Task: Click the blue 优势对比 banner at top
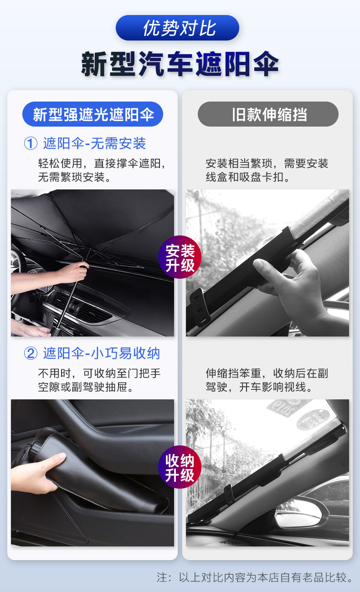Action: [x=177, y=28]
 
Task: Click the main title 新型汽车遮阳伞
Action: [x=180, y=64]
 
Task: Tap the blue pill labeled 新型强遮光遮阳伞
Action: [x=93, y=114]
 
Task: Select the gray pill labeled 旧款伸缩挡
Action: [x=268, y=114]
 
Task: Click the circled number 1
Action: [x=31, y=143]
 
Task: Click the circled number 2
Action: [x=31, y=353]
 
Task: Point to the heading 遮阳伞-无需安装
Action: [x=94, y=143]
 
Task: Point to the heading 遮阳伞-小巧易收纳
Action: [x=102, y=353]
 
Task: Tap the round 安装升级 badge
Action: [x=180, y=257]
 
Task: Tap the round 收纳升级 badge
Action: [x=180, y=467]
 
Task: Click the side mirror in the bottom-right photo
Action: [x=298, y=513]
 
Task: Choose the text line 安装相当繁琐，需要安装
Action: [x=267, y=163]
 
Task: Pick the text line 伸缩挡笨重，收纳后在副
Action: [x=267, y=373]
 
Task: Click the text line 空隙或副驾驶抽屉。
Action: [x=86, y=387]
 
